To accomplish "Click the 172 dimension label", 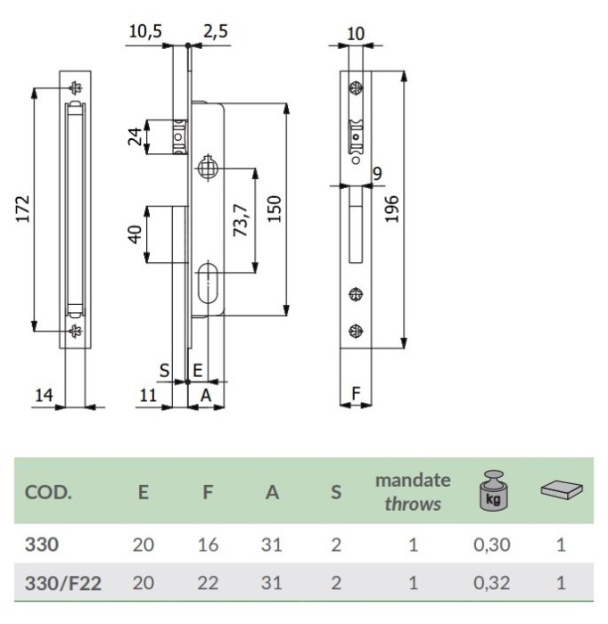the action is pos(23,209).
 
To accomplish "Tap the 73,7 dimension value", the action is pos(241,220).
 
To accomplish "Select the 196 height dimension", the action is pos(392,209).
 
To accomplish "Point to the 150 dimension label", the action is pos(275,209).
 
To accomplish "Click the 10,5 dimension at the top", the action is pos(145,31).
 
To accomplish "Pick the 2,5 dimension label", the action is pos(216,31).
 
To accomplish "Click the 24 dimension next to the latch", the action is pos(136,136).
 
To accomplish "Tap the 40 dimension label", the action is pos(136,234).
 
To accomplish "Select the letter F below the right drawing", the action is pos(356,393).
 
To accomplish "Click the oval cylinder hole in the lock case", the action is pos(208,283).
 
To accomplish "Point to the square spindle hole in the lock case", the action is pos(208,168).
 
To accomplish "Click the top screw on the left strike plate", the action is pos(75,88).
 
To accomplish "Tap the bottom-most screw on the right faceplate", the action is pos(356,331).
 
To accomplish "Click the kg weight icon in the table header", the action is pos(493,490).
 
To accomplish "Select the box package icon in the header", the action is pos(562,489).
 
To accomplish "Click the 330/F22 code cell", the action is pos(63,583).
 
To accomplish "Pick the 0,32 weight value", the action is pos(492,583).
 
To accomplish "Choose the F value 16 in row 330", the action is pos(208,545).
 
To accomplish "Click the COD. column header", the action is pos(48,493).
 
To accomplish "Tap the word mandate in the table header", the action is pos(413,480).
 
